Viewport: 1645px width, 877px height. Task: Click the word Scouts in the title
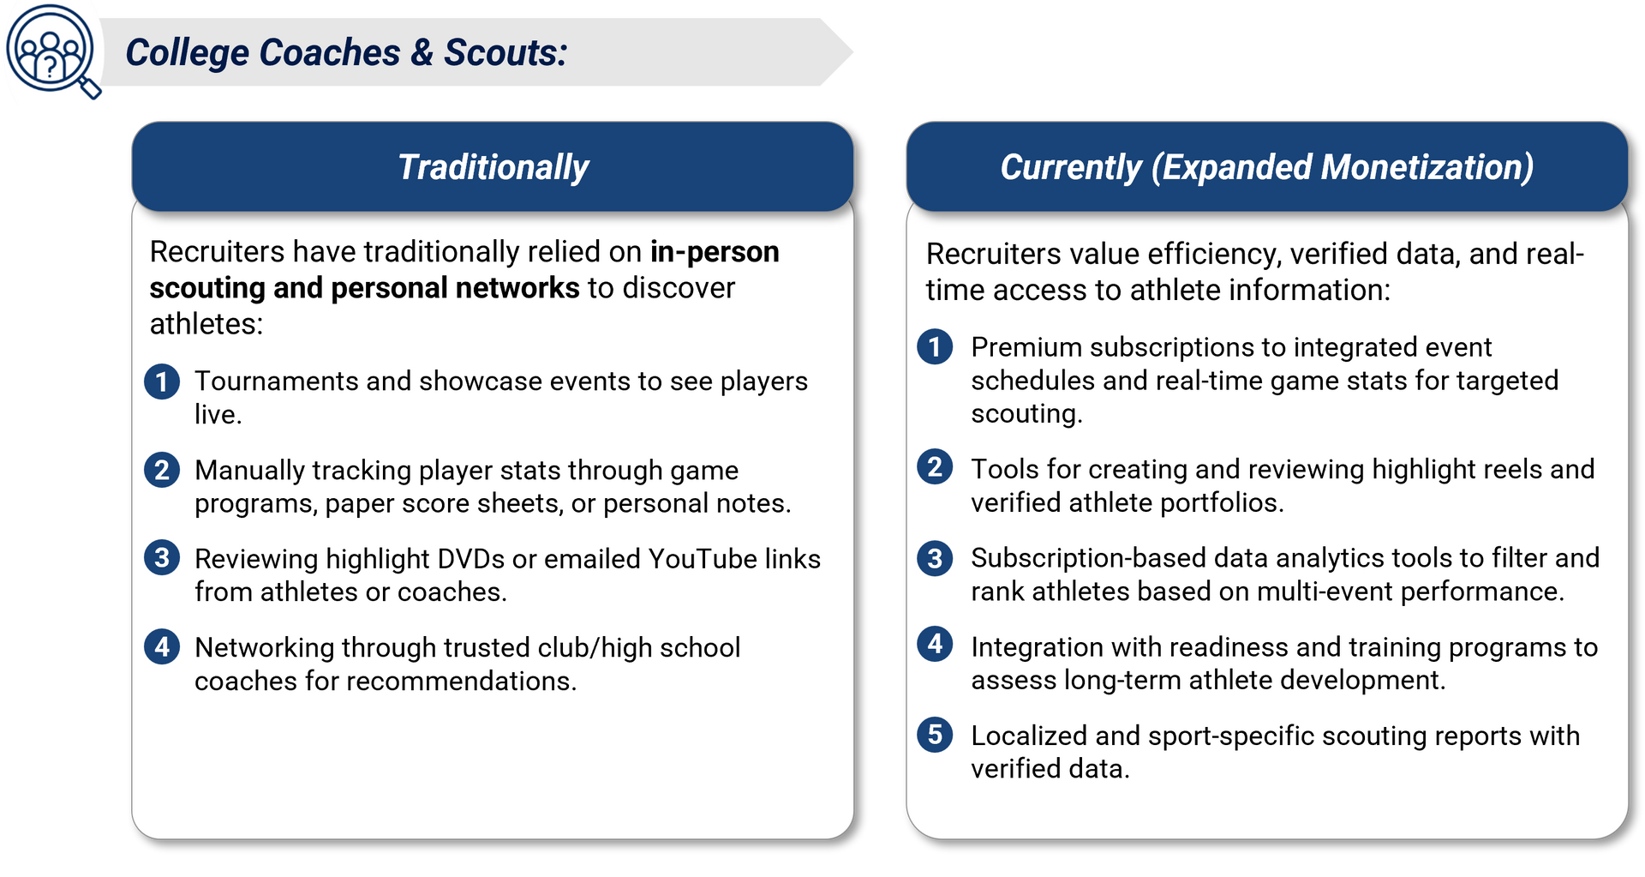tap(505, 52)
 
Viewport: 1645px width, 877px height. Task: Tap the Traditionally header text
tap(493, 167)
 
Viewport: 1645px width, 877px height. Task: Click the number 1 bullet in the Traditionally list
tap(162, 381)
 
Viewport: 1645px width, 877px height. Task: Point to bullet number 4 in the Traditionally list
tap(162, 647)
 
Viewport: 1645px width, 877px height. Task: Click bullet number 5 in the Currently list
tap(935, 735)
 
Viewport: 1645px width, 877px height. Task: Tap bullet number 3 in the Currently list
tap(935, 558)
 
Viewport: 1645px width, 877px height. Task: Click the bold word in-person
tap(715, 252)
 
